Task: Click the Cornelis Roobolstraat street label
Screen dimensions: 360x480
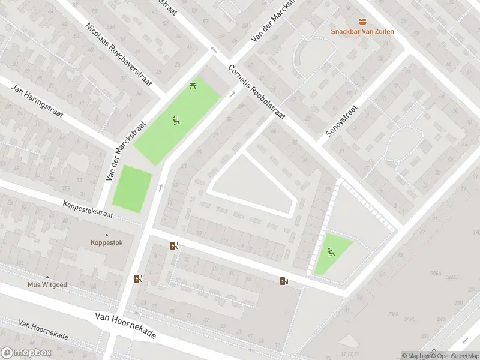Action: pos(256,91)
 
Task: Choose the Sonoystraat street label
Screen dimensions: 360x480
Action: pos(341,122)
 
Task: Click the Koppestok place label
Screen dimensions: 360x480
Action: pos(107,244)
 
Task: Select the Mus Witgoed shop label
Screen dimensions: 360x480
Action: pos(47,285)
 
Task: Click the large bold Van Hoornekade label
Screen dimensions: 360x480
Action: pos(125,325)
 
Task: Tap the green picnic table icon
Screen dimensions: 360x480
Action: pos(193,86)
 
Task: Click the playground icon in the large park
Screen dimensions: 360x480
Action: pos(176,121)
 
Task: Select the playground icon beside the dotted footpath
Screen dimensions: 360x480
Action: pos(330,251)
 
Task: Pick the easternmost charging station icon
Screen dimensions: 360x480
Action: pos(284,281)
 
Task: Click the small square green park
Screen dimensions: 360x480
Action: pos(132,189)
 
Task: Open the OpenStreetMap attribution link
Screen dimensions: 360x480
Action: pos(457,356)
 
